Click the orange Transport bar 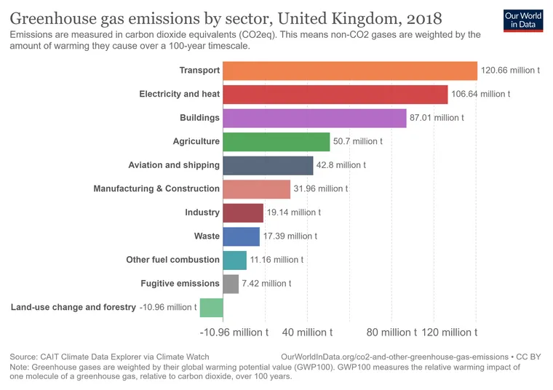pyautogui.click(x=349, y=71)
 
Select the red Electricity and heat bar pyautogui.click(x=335, y=95)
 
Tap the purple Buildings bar pyautogui.click(x=314, y=118)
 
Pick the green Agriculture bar pyautogui.click(x=276, y=141)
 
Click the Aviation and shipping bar pyautogui.click(x=268, y=165)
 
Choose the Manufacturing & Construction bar pyautogui.click(x=256, y=189)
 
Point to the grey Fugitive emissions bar pyautogui.click(x=231, y=284)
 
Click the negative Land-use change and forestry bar pyautogui.click(x=211, y=307)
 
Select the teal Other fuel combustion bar pyautogui.click(x=234, y=260)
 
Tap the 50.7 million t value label pyautogui.click(x=357, y=141)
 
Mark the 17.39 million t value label pyautogui.click(x=290, y=236)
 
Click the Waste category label pyautogui.click(x=207, y=236)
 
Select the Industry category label pyautogui.click(x=202, y=212)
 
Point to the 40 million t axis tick pyautogui.click(x=307, y=333)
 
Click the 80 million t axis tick pyautogui.click(x=391, y=333)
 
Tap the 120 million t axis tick pyautogui.click(x=449, y=333)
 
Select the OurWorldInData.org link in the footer pyautogui.click(x=394, y=357)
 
